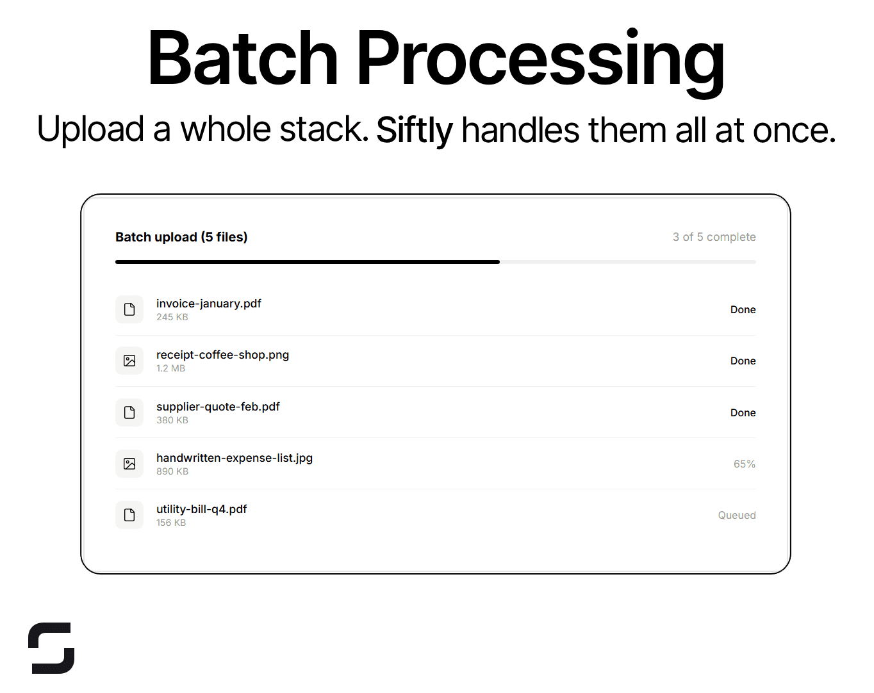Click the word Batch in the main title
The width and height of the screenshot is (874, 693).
[242, 59]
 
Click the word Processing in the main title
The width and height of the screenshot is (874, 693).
[540, 59]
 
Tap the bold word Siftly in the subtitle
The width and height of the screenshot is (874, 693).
[415, 130]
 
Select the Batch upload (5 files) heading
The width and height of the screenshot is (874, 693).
[181, 237]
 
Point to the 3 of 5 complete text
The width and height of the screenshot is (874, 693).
[714, 237]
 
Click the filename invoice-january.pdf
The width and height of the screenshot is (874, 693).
[209, 304]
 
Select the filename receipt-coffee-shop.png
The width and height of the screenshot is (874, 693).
[222, 355]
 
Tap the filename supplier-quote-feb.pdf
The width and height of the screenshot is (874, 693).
[218, 407]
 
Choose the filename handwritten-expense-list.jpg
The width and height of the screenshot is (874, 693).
[235, 458]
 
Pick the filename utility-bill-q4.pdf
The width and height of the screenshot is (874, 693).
[201, 509]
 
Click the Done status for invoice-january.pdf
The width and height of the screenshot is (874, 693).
[743, 310]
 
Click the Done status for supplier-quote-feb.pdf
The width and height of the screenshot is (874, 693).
[743, 413]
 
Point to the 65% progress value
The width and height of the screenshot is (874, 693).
[744, 464]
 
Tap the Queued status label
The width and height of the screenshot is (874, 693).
[736, 516]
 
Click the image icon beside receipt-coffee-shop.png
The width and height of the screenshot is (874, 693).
[129, 361]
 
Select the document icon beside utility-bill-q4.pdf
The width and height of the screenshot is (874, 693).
[129, 515]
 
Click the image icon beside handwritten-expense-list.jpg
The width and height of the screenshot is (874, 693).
[129, 464]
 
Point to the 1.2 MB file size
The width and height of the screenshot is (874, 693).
[170, 368]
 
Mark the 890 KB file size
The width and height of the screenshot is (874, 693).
[172, 471]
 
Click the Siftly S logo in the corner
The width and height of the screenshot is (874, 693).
[51, 648]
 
